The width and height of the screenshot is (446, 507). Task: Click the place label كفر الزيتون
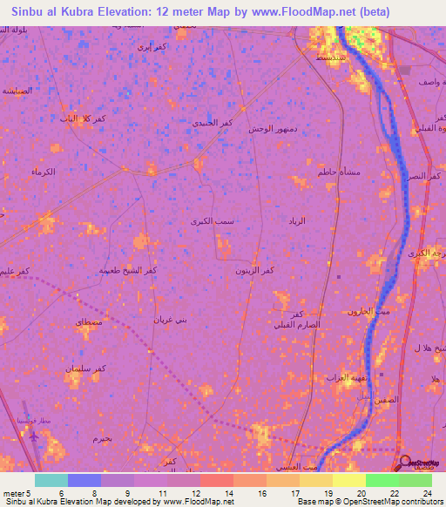tap(255, 271)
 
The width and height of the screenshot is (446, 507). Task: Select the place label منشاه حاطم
tap(336, 172)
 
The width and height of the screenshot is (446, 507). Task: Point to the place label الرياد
tap(297, 222)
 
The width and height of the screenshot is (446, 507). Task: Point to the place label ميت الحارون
tap(367, 311)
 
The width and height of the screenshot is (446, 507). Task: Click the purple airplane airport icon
tap(33, 436)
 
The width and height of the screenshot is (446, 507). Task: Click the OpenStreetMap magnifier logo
tap(406, 463)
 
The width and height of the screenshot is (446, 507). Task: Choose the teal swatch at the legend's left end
tap(51, 479)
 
